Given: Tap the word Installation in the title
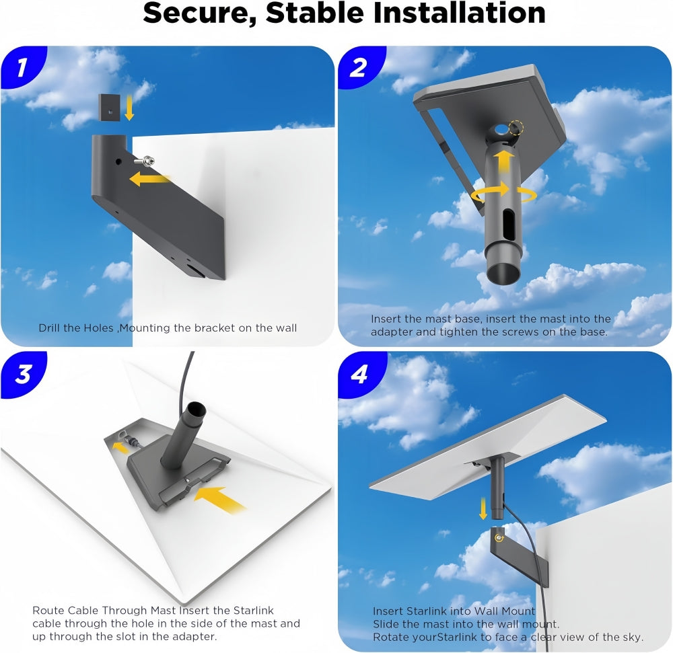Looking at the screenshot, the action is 459,12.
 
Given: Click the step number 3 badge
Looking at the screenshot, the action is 23,374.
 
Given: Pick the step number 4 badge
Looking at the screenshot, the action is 359,374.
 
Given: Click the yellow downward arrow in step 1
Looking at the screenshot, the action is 129,108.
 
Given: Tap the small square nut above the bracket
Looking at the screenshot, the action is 110,107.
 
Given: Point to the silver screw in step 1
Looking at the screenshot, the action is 145,161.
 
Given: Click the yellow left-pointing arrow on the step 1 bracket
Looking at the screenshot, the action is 149,179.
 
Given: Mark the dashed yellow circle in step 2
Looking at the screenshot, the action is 516,128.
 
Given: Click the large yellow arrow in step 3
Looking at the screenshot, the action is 220,500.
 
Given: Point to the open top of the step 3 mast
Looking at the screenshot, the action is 195,410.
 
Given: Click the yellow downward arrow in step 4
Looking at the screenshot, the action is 483,508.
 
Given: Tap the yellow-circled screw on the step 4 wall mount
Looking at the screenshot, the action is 499,537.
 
